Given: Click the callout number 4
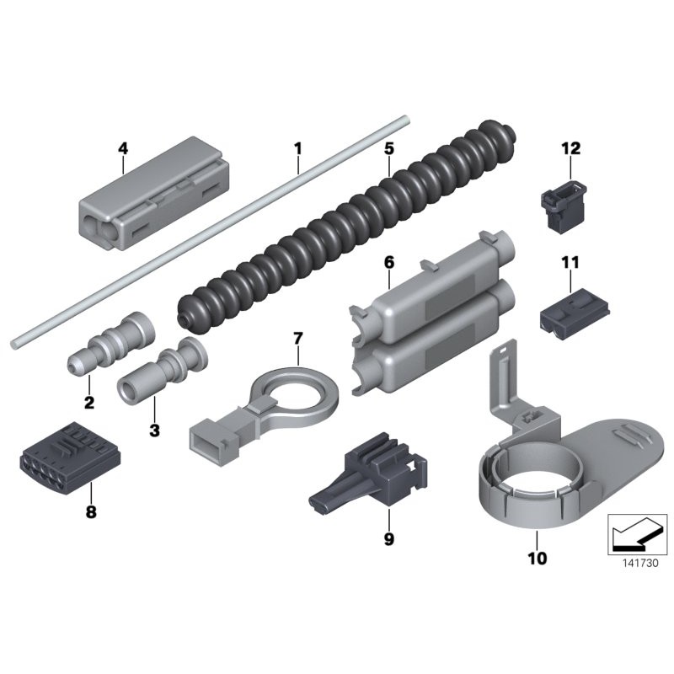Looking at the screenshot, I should tap(123, 148).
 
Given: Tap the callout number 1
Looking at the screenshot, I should tap(297, 148).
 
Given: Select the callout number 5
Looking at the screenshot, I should tap(388, 148).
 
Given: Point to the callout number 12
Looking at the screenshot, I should tap(571, 148).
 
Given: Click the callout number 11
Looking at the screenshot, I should tap(571, 262).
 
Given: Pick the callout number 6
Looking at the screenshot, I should tap(388, 262).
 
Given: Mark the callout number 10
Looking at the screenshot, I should tap(538, 558).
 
